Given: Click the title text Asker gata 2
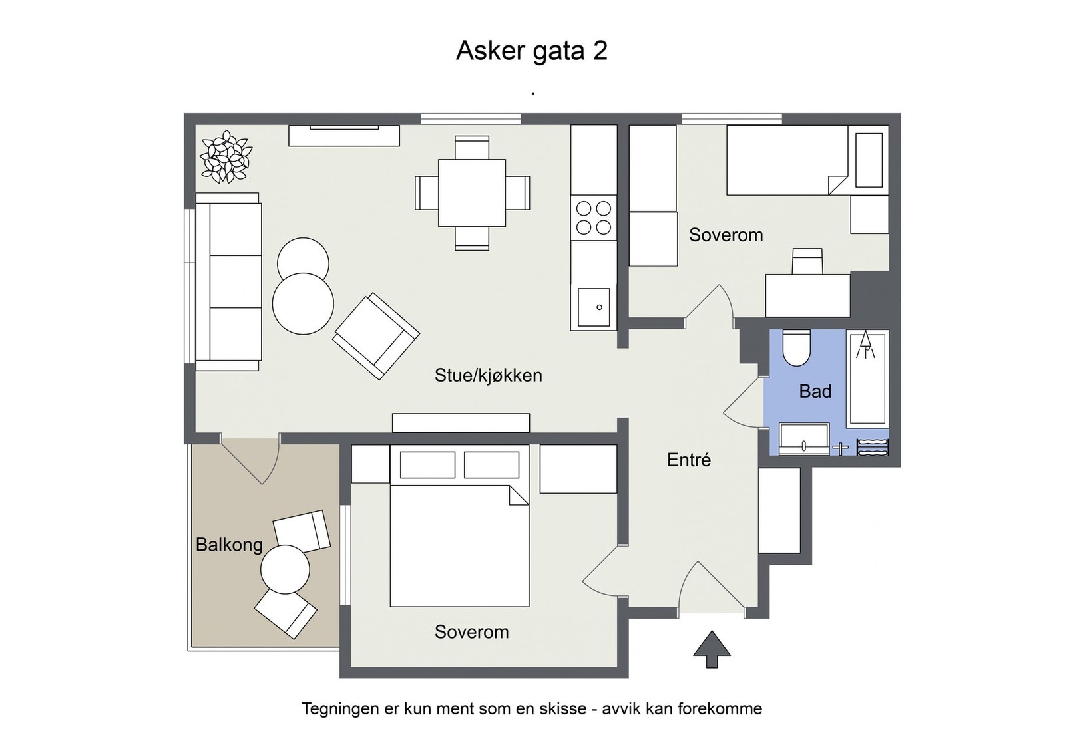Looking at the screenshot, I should pyautogui.click(x=531, y=51).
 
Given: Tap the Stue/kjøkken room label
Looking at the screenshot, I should pyautogui.click(x=488, y=375).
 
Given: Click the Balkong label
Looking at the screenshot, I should pyautogui.click(x=229, y=545).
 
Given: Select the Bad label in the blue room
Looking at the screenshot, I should pyautogui.click(x=815, y=391).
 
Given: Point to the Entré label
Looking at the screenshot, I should pyautogui.click(x=689, y=460).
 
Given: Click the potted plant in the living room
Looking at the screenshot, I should pyautogui.click(x=226, y=157).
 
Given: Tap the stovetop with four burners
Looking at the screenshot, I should pyautogui.click(x=594, y=218).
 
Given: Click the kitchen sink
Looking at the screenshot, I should pyautogui.click(x=594, y=307).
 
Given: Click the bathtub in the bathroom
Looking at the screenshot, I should pyautogui.click(x=867, y=379).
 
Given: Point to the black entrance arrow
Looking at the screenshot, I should pyautogui.click(x=712, y=649).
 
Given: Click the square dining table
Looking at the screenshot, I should pyautogui.click(x=472, y=193).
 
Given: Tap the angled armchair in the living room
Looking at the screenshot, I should pyautogui.click(x=376, y=336).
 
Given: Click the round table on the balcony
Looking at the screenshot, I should pyautogui.click(x=285, y=569).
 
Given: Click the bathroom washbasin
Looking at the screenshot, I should pyautogui.click(x=804, y=439).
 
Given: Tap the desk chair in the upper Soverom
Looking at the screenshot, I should pyautogui.click(x=807, y=261).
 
